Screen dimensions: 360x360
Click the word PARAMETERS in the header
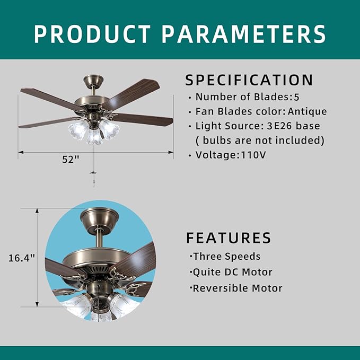click(x=244, y=33)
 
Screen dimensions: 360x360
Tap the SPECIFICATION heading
click(x=249, y=80)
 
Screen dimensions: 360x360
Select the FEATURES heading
click(x=229, y=238)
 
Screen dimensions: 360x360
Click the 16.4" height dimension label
click(x=22, y=258)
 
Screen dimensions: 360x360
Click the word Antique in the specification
click(x=308, y=112)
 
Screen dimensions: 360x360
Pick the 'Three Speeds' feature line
click(x=226, y=257)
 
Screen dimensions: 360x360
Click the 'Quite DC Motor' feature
click(x=232, y=273)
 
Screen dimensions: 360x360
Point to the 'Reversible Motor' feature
click(x=237, y=288)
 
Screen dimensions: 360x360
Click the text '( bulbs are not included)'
click(x=259, y=141)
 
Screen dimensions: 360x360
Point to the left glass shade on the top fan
click(x=77, y=128)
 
